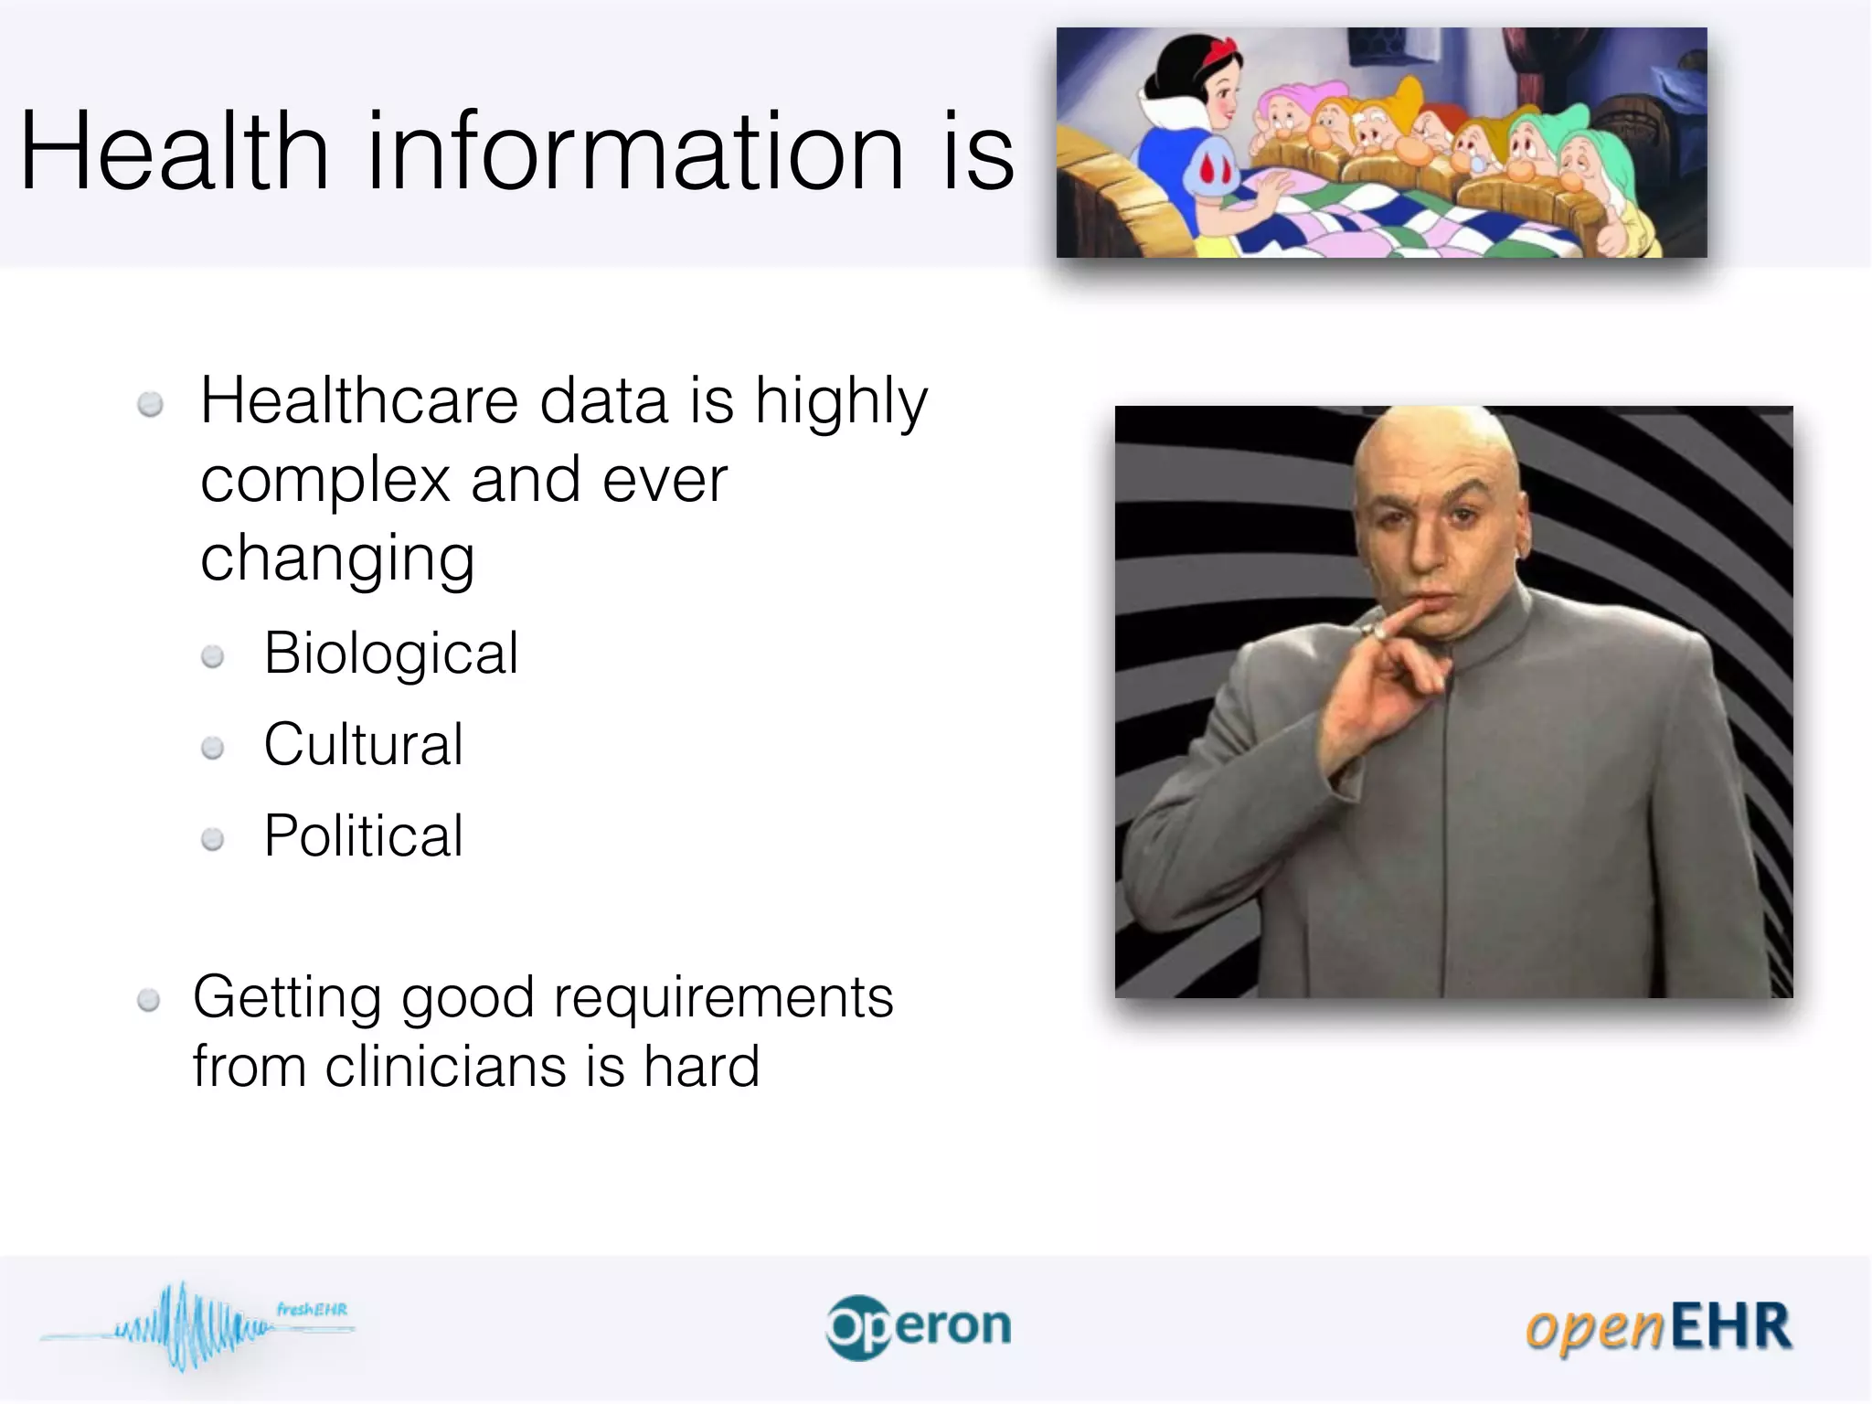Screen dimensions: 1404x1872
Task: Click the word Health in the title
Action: [x=174, y=151]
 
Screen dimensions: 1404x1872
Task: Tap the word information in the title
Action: [x=635, y=151]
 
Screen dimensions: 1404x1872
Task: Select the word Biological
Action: [x=391, y=654]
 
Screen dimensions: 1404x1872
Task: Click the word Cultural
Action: [x=364, y=744]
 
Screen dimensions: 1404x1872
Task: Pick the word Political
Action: [x=364, y=835]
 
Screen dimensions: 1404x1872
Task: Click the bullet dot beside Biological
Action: [x=213, y=656]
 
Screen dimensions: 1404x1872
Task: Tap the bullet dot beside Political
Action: [x=213, y=839]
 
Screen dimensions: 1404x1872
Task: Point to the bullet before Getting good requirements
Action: [x=149, y=1001]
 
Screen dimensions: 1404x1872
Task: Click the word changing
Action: [x=337, y=559]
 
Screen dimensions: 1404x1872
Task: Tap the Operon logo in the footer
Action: [x=919, y=1327]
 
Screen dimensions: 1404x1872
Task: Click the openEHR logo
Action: [x=1658, y=1327]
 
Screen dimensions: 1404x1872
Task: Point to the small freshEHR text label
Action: [x=312, y=1309]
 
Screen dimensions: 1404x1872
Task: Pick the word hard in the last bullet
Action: [x=701, y=1067]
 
